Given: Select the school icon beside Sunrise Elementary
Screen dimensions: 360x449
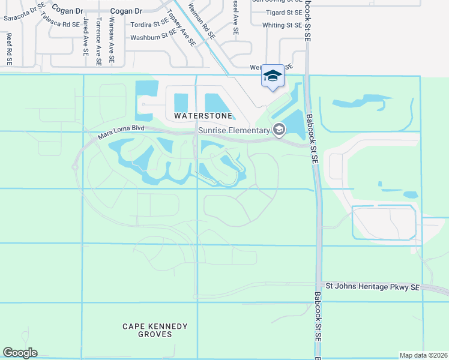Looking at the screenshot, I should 279,129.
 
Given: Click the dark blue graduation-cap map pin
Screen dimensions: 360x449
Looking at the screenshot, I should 273,76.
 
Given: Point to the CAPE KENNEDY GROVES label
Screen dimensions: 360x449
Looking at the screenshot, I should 155,331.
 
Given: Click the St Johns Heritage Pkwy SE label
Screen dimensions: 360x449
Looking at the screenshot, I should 372,286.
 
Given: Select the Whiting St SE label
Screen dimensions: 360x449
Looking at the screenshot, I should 282,25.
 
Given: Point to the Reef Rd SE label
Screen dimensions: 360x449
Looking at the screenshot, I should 10,49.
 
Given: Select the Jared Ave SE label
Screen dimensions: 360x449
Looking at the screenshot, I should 86,37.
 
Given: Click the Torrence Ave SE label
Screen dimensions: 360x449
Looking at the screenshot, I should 98,40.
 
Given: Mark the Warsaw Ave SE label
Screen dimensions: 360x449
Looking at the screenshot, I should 111,40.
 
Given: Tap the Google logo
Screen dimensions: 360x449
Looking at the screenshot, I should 20,353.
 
